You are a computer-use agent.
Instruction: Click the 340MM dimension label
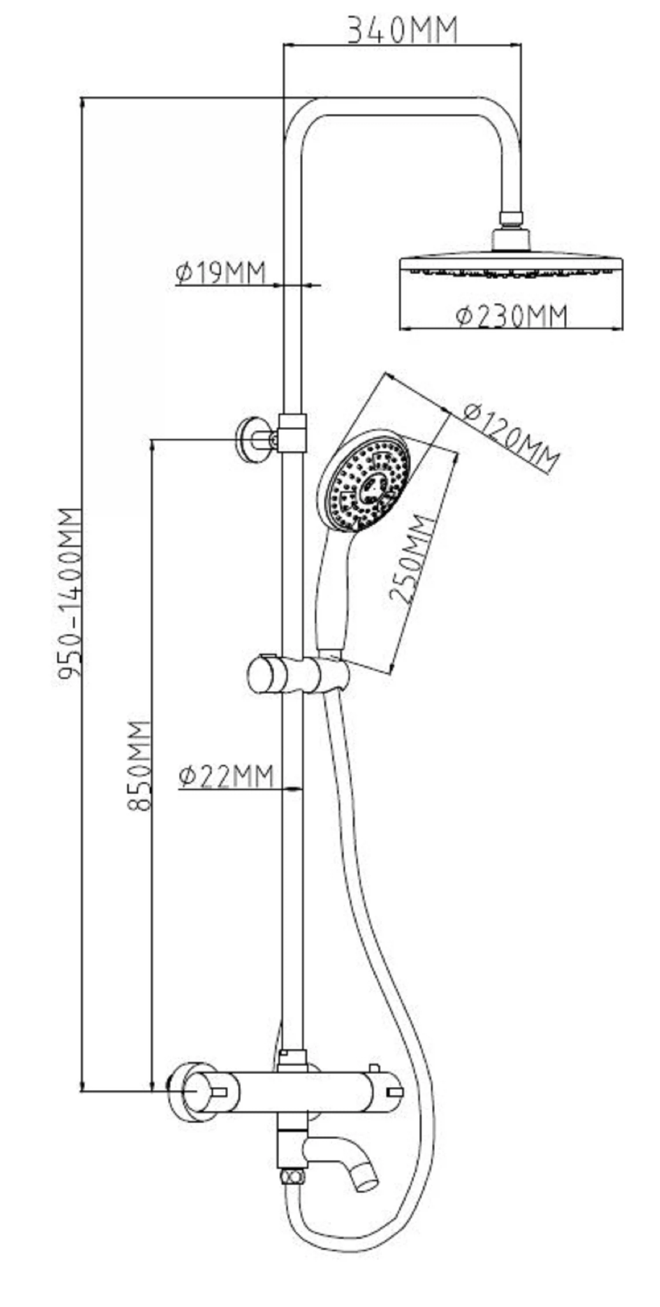(x=402, y=30)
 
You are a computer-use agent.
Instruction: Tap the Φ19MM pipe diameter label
(x=221, y=273)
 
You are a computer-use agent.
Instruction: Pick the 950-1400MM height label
(x=70, y=593)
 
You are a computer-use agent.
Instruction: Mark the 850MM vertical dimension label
(x=139, y=765)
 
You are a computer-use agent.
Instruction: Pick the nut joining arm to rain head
(x=511, y=219)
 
